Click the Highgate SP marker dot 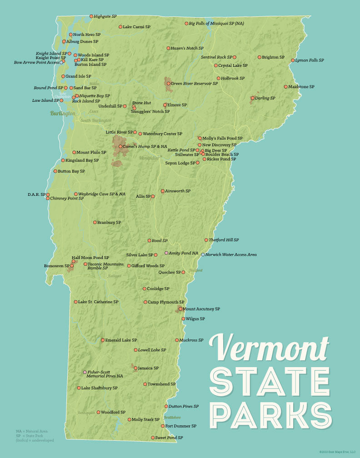(x=91, y=16)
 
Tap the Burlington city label (x=62, y=113)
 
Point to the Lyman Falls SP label (x=310, y=60)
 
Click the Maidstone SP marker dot (x=286, y=87)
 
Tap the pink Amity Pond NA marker (x=166, y=253)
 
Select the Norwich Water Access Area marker (x=203, y=254)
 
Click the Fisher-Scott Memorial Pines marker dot (x=85, y=372)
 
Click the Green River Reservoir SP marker (x=168, y=84)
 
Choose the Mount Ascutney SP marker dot (x=180, y=309)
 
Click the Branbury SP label (x=110, y=223)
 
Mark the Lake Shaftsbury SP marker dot (x=79, y=388)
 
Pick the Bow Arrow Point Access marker (x=61, y=62)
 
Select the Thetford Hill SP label (x=224, y=240)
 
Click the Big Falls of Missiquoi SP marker (x=186, y=23)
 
